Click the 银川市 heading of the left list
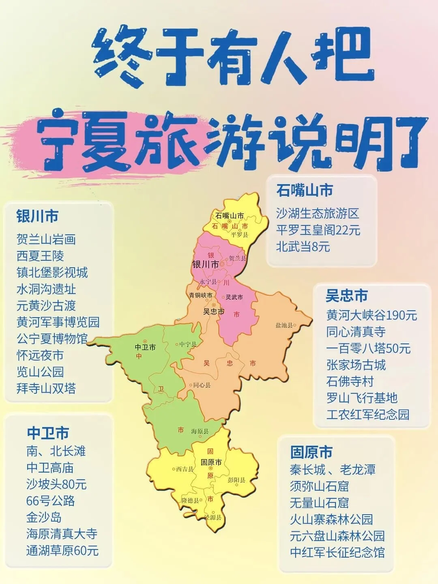click(x=37, y=216)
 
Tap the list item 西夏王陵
click(x=40, y=256)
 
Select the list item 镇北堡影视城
click(x=52, y=273)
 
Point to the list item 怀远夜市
click(x=40, y=355)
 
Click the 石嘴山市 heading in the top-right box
click(x=305, y=190)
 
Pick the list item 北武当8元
click(x=303, y=247)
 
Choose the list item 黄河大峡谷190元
click(x=371, y=315)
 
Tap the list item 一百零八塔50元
click(x=368, y=348)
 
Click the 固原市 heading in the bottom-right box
click(x=311, y=452)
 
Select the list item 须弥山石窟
click(x=319, y=486)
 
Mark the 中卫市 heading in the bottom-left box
click(x=48, y=433)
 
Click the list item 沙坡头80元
click(x=56, y=484)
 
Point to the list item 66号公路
click(x=51, y=501)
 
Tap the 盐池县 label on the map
click(x=284, y=325)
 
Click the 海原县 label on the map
click(x=200, y=432)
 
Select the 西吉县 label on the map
click(x=185, y=469)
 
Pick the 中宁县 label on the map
click(x=188, y=344)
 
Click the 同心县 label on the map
click(x=202, y=385)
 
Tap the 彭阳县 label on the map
click(x=236, y=480)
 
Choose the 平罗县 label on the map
click(x=239, y=235)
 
